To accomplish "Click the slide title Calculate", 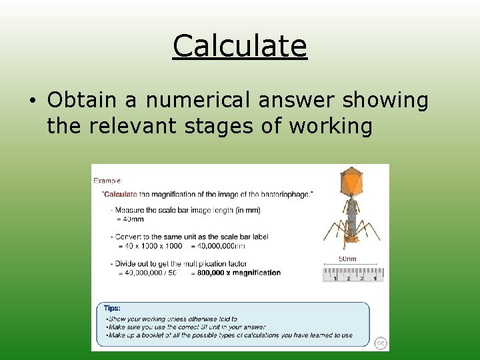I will (x=239, y=46).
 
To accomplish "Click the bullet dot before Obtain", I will (x=33, y=101).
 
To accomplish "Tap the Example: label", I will (x=107, y=180).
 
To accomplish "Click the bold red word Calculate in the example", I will (x=120, y=194).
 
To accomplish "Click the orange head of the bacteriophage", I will (x=351, y=180).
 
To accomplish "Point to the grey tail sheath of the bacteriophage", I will (x=351, y=213).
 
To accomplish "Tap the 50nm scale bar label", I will (x=347, y=259).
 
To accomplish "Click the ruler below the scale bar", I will (x=353, y=274).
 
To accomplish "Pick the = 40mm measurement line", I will (x=131, y=219).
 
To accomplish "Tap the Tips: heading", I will (x=112, y=308).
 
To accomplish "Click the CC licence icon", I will (x=380, y=343).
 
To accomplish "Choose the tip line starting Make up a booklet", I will (x=230, y=335).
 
